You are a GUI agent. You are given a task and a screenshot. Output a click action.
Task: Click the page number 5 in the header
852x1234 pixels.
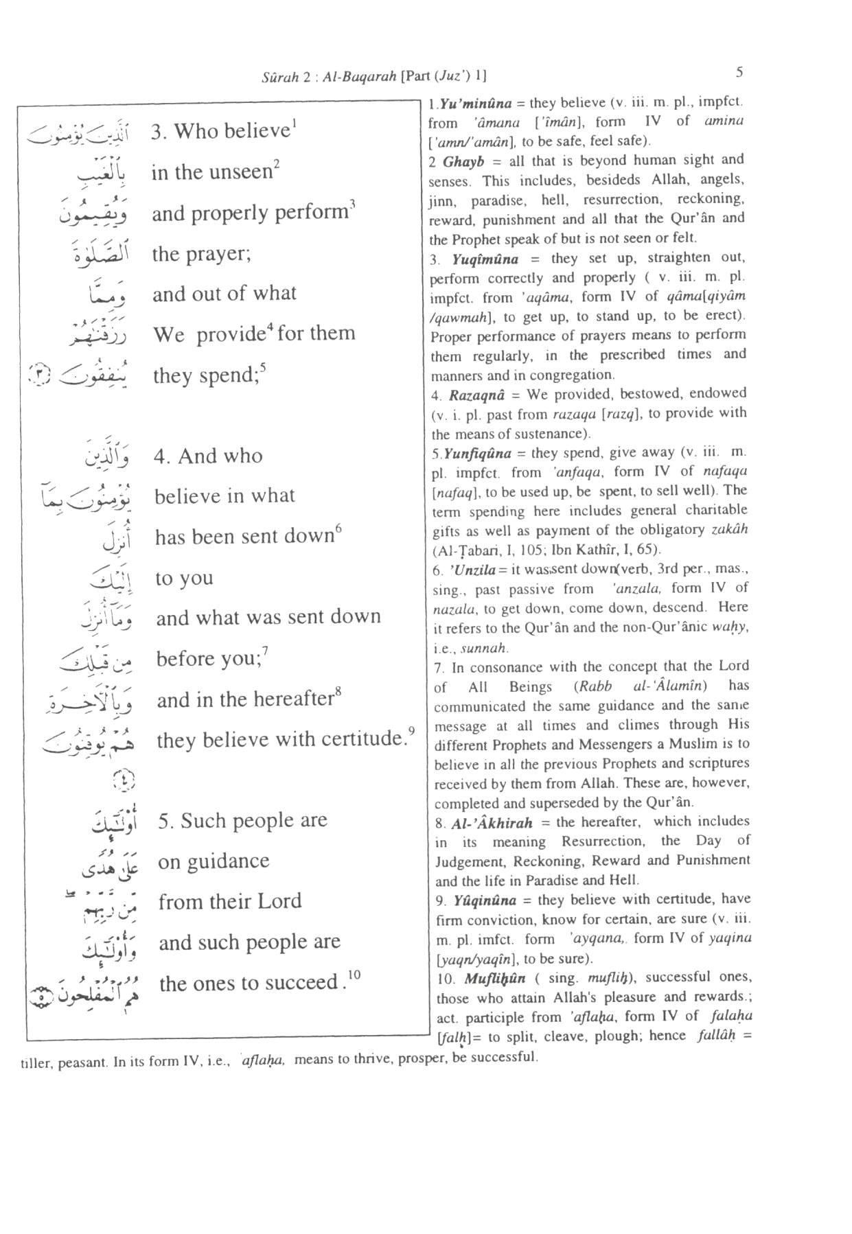(x=739, y=72)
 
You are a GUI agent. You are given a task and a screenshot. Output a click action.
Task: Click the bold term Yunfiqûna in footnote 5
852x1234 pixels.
(x=478, y=453)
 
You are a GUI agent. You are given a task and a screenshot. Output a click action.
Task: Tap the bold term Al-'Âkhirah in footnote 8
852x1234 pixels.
(x=492, y=823)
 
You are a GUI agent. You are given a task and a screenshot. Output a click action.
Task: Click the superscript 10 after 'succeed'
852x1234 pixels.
(x=354, y=974)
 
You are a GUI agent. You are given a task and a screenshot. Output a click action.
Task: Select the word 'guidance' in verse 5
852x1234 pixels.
(x=232, y=862)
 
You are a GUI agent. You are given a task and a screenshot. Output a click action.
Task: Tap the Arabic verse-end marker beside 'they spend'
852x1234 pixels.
(x=38, y=375)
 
